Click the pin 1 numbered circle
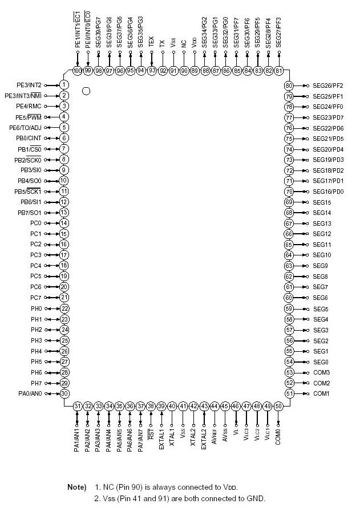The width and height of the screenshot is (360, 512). pyautogui.click(x=64, y=85)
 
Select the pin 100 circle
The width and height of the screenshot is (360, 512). pyautogui.click(x=78, y=71)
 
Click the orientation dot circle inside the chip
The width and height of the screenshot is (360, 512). pyautogui.click(x=86, y=90)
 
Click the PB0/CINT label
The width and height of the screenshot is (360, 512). pyautogui.click(x=27, y=138)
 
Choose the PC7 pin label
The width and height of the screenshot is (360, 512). pyautogui.click(x=36, y=298)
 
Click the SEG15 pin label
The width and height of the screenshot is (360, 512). pyautogui.click(x=322, y=202)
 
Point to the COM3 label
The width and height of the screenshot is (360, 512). pyautogui.click(x=321, y=372)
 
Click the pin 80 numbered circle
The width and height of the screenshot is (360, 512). pyautogui.click(x=289, y=86)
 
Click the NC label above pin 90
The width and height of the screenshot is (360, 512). pyautogui.click(x=184, y=43)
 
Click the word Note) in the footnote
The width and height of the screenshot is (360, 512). pyautogui.click(x=77, y=487)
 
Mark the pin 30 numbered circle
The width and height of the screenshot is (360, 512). pyautogui.click(x=64, y=393)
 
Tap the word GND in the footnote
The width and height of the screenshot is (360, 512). pyautogui.click(x=255, y=499)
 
